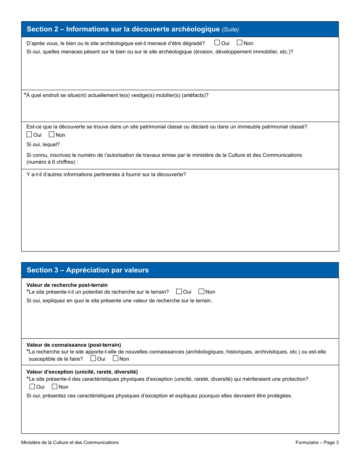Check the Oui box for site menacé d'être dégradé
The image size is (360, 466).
pos(217,43)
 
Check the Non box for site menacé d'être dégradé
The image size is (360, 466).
pos(239,43)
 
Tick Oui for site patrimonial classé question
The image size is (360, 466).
pos(29,134)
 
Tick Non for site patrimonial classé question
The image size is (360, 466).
pos(52,134)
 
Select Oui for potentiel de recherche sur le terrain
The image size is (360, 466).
pos(179,291)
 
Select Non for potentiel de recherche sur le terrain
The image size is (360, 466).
pos(202,291)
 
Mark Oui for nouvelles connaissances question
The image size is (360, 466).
pos(93,358)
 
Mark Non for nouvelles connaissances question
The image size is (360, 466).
pos(116,358)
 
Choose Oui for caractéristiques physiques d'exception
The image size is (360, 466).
pos(32,386)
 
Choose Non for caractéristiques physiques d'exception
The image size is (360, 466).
pos(55,386)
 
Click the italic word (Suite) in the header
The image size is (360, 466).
pos(230,30)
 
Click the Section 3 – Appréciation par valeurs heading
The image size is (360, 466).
pos(88,270)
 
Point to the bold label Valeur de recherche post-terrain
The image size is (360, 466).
pos(67,285)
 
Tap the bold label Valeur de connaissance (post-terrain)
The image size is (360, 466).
pos(74,345)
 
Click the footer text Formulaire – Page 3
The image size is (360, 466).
pos(317,443)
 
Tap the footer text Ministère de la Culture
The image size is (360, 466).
pos(70,443)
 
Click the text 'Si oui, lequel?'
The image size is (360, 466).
pos(43,144)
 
